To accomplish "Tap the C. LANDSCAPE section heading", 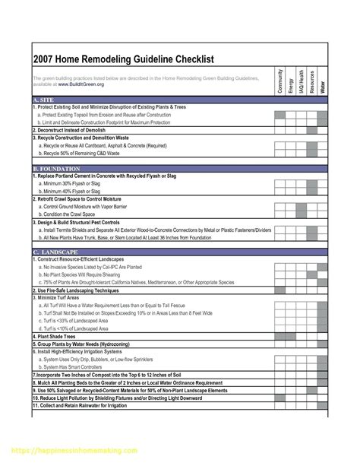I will pyautogui.click(x=58, y=251).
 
